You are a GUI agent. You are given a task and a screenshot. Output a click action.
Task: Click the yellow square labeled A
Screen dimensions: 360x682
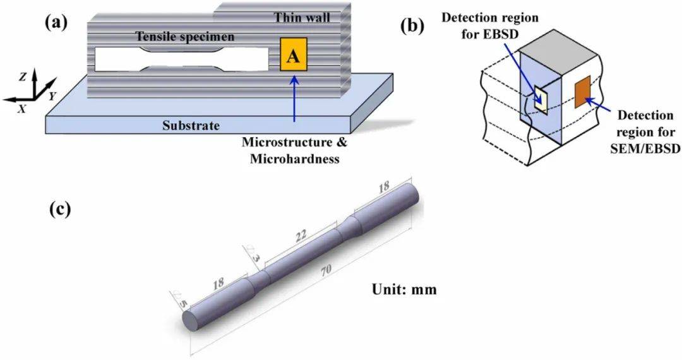(294, 56)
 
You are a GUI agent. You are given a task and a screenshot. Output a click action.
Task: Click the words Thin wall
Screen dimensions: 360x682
(301, 18)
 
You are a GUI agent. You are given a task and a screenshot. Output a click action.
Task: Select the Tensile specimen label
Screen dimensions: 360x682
(185, 37)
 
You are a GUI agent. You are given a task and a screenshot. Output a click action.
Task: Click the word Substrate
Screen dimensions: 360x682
(191, 126)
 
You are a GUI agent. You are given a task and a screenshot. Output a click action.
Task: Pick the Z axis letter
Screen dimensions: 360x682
(23, 77)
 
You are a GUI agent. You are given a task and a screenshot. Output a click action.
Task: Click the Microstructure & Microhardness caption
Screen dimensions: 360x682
(295, 150)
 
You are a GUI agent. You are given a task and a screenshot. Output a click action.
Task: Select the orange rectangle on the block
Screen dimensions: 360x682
(582, 91)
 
